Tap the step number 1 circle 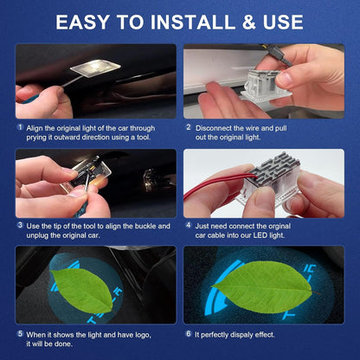[19, 126]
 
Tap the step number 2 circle [188, 126]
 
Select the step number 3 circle [19, 225]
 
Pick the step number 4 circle [188, 225]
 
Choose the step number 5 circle [19, 333]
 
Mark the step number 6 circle [188, 333]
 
